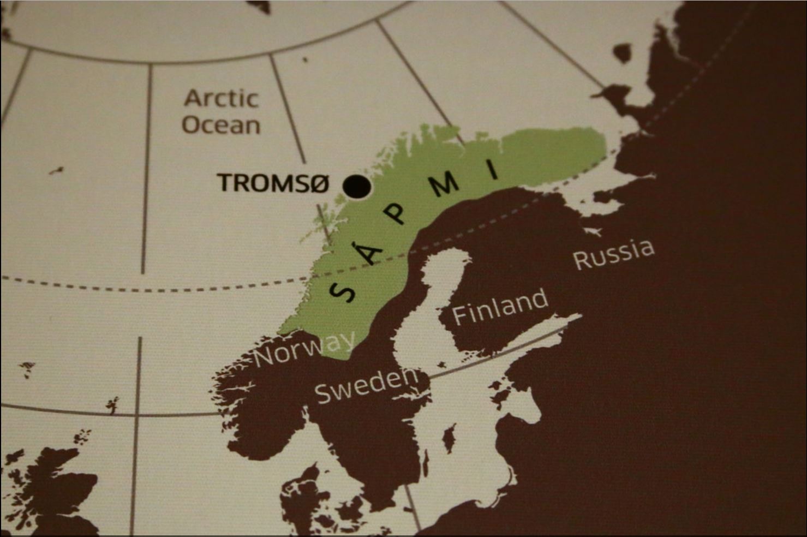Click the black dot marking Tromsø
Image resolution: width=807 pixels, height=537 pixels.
pos(357,187)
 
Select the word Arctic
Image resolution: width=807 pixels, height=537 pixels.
pos(221,99)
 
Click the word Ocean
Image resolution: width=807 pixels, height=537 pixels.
pos(221,125)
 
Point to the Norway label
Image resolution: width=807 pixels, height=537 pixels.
pos(304,349)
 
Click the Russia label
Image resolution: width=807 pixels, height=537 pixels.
pos(613,254)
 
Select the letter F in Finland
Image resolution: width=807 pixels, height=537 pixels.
pos(460,316)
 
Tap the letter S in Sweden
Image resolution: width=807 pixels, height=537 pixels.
pos(324,393)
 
